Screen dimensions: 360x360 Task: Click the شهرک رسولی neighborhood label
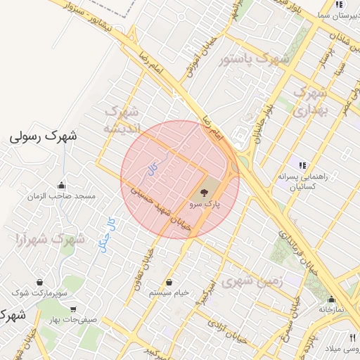pos(43,136)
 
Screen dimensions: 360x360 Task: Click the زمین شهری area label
pos(251,282)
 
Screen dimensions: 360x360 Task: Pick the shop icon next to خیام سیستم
pos(169,283)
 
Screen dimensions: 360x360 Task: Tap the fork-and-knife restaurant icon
pos(352,338)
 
